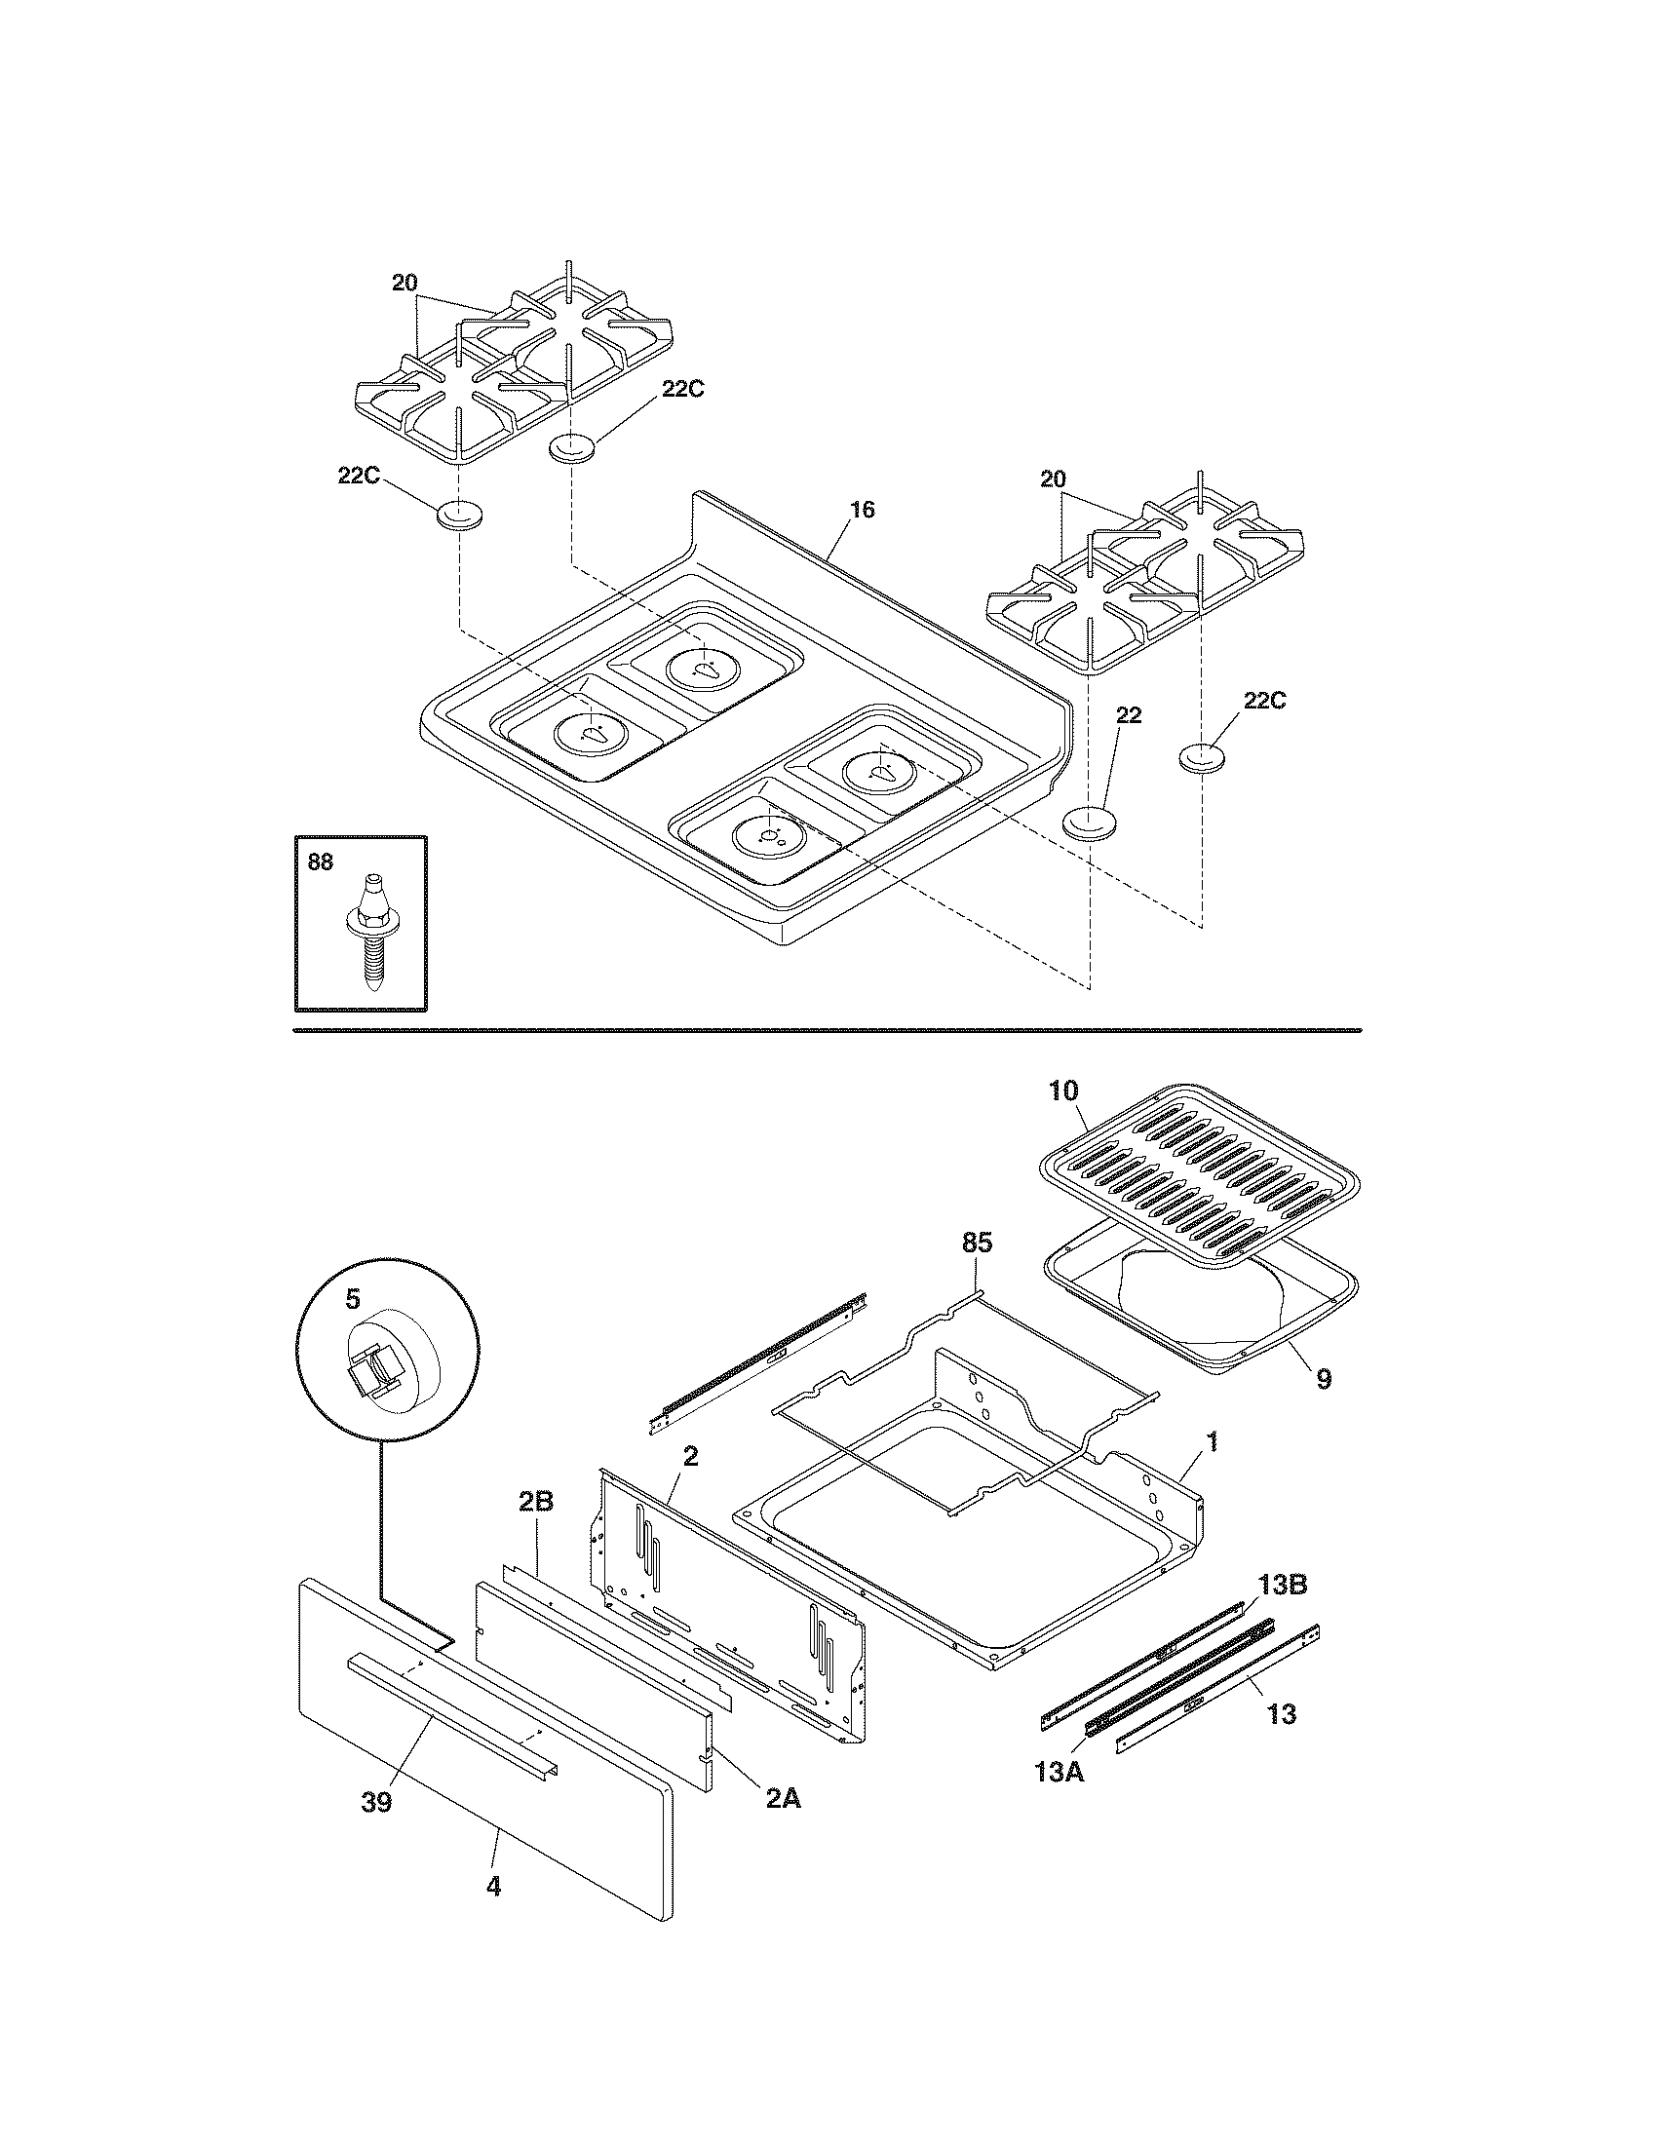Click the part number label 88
click(x=320, y=862)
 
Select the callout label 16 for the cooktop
click(x=862, y=510)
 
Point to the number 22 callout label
click(x=1129, y=715)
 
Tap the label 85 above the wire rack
click(x=977, y=1243)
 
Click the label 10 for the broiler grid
click(x=1063, y=1091)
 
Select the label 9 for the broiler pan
click(x=1324, y=1378)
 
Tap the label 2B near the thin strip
click(x=536, y=1529)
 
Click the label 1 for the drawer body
click(x=1214, y=1442)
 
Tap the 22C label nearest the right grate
click(x=1265, y=701)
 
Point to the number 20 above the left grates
click(x=405, y=284)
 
